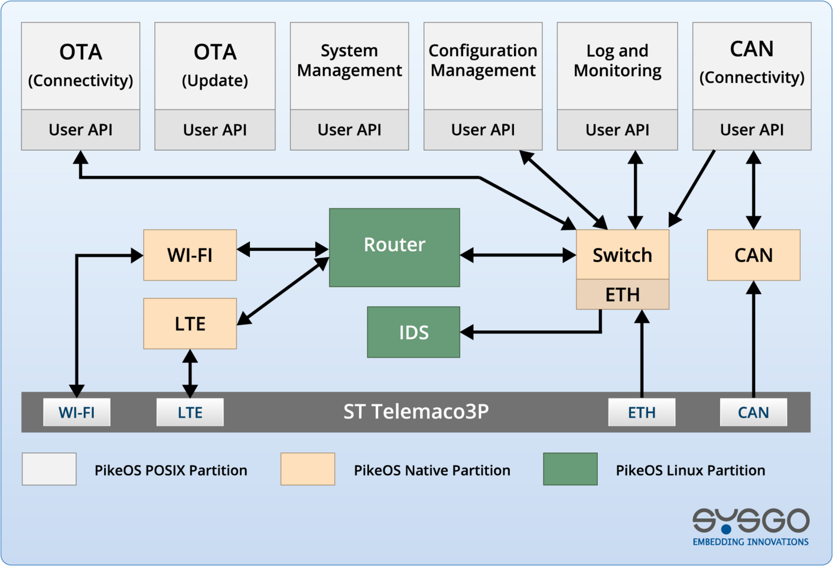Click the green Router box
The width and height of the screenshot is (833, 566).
pyautogui.click(x=394, y=247)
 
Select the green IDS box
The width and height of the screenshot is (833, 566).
pyautogui.click(x=413, y=332)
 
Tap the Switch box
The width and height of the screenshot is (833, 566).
pyautogui.click(x=622, y=255)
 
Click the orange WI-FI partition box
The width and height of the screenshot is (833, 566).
pyautogui.click(x=190, y=255)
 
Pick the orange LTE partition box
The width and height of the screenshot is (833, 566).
pyautogui.click(x=190, y=323)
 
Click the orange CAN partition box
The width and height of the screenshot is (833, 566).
pyautogui.click(x=753, y=255)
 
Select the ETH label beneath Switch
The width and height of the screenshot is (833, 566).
pyautogui.click(x=622, y=294)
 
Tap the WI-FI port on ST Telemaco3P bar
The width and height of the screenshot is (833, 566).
pyautogui.click(x=77, y=412)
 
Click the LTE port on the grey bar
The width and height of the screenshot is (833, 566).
pyautogui.click(x=190, y=412)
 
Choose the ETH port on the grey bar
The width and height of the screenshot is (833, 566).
pyautogui.click(x=642, y=412)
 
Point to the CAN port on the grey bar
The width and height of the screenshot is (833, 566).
pyautogui.click(x=753, y=412)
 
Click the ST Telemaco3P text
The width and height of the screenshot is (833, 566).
pyautogui.click(x=416, y=411)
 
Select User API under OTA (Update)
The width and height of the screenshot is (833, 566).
pyautogui.click(x=214, y=129)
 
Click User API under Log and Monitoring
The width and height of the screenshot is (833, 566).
pyautogui.click(x=617, y=129)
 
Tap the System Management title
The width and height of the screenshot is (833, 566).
pyautogui.click(x=349, y=60)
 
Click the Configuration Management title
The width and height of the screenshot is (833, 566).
pyautogui.click(x=483, y=60)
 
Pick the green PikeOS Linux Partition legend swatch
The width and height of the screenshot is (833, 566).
pyautogui.click(x=570, y=469)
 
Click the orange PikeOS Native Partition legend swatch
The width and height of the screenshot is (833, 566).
pyautogui.click(x=308, y=469)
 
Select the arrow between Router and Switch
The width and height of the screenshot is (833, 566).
pyautogui.click(x=518, y=255)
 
